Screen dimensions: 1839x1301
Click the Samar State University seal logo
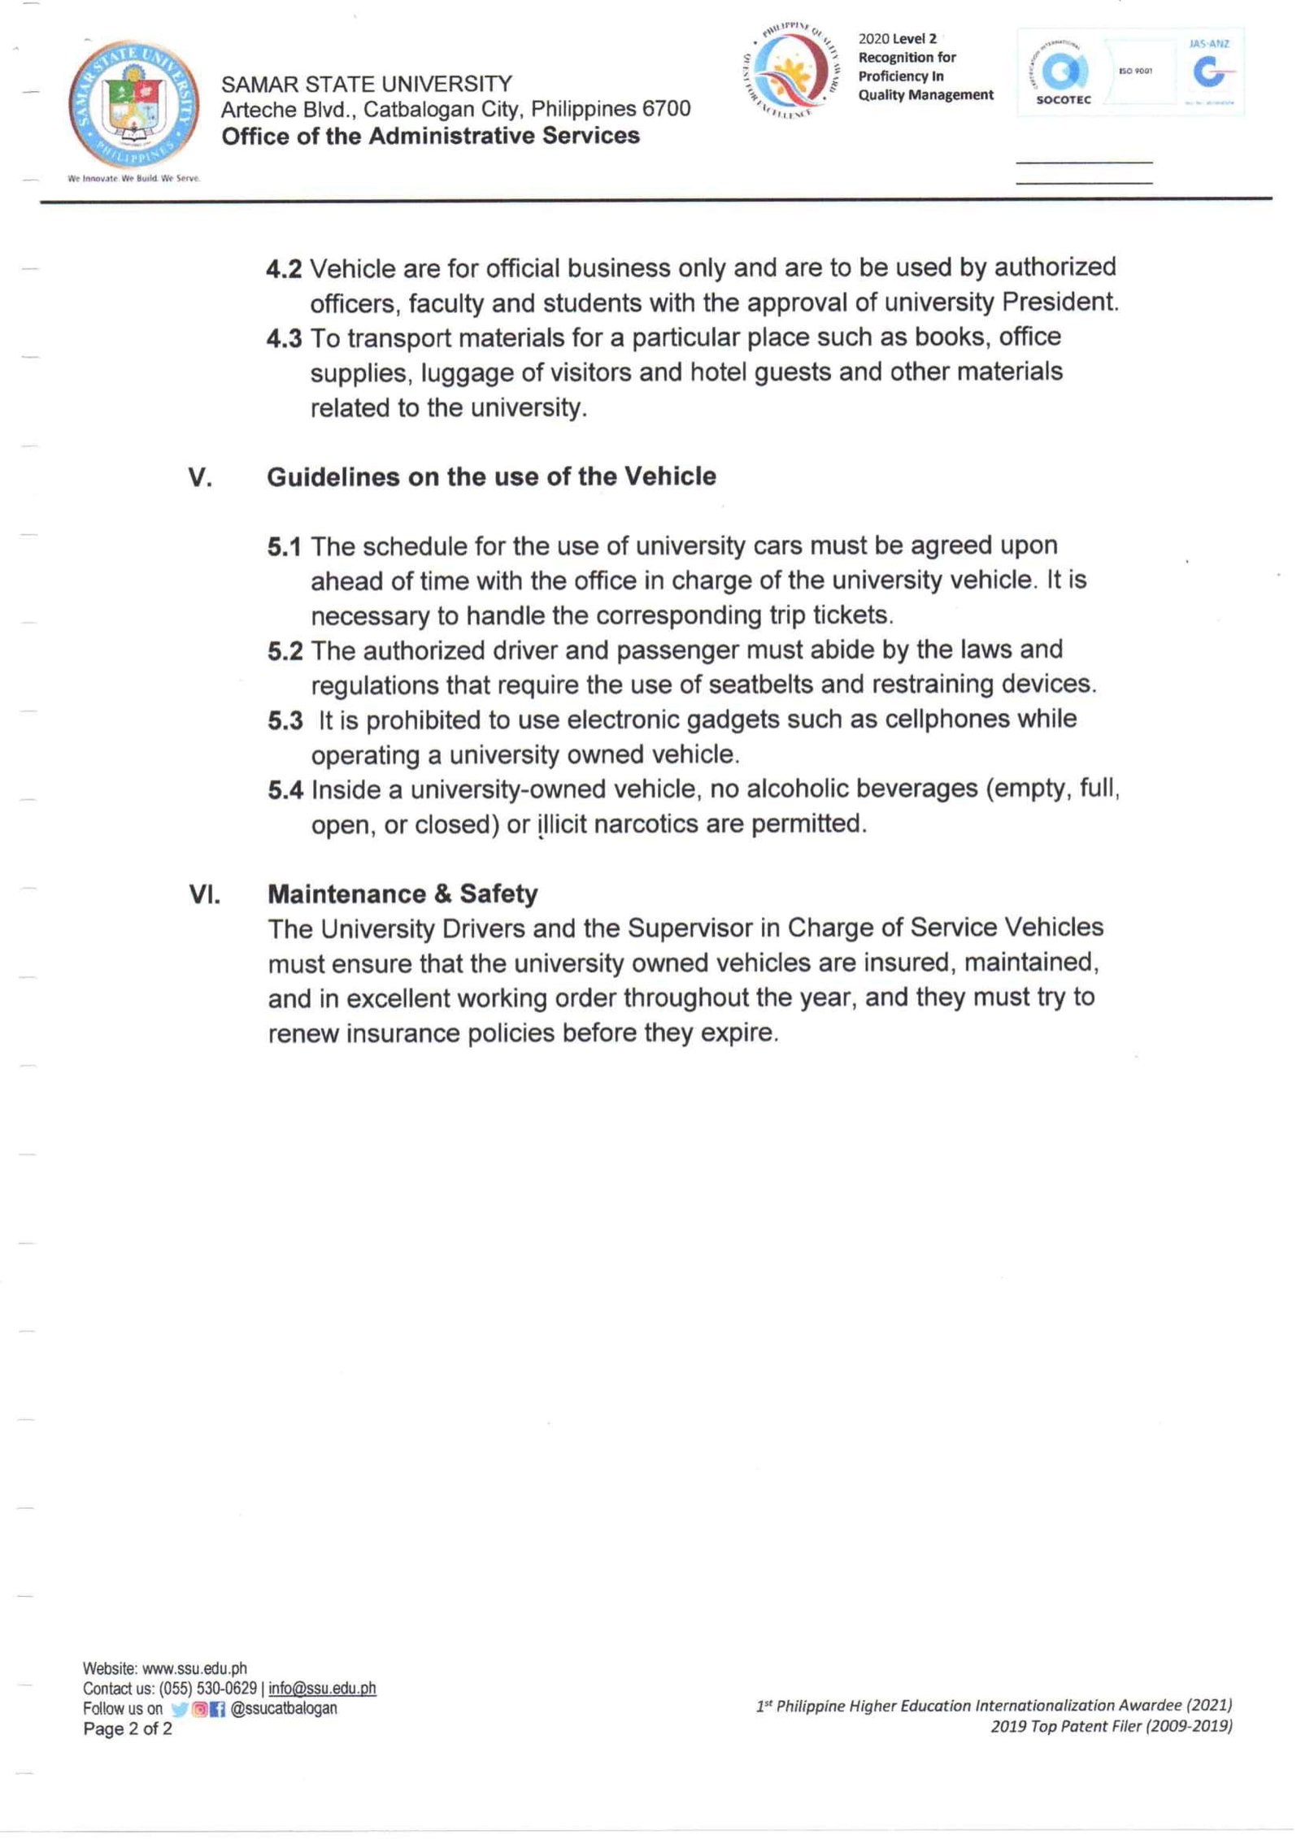[134, 105]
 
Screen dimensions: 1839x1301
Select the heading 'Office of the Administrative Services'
[430, 136]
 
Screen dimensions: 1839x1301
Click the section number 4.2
[284, 269]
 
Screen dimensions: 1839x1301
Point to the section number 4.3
[284, 338]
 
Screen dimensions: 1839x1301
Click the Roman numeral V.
[200, 477]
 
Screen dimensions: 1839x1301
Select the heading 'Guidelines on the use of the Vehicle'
[491, 476]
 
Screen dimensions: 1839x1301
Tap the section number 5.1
[284, 547]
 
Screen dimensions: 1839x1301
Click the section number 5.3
[285, 721]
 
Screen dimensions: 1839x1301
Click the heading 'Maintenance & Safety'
[402, 894]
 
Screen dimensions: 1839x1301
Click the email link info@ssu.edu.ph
[322, 1689]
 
